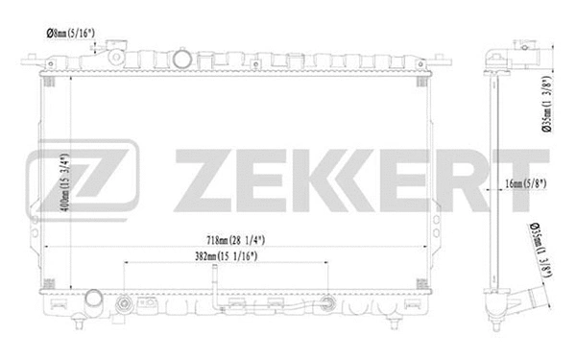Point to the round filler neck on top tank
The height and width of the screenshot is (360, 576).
pyautogui.click(x=183, y=59)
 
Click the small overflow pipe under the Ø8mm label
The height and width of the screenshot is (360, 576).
pyautogui.click(x=119, y=48)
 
